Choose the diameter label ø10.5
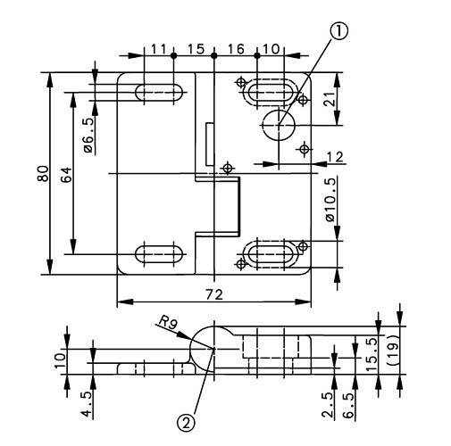[x=331, y=204]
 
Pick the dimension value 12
[x=335, y=157]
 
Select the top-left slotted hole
[x=160, y=91]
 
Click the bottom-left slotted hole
[x=160, y=252]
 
